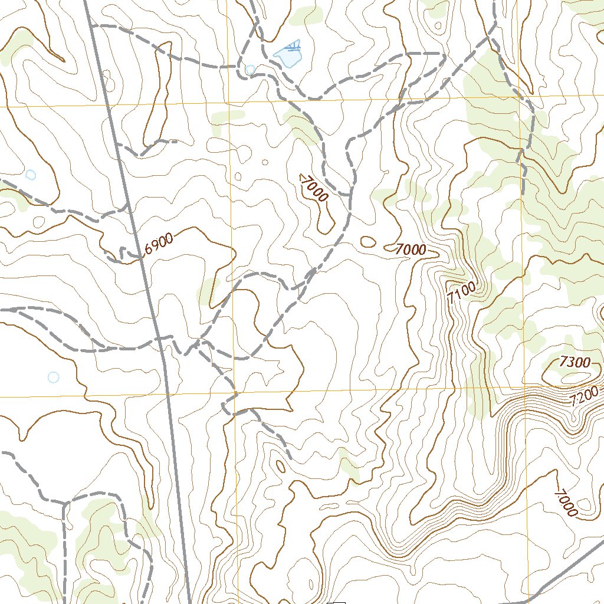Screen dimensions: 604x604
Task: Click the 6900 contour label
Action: (x=159, y=244)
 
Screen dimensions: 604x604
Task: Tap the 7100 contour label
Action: (x=461, y=293)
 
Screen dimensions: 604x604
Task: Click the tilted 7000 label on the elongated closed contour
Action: (x=313, y=189)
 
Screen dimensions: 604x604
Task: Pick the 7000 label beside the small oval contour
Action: (x=411, y=250)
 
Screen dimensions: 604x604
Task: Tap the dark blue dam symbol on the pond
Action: (x=291, y=46)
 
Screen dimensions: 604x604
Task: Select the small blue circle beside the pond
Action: (x=250, y=70)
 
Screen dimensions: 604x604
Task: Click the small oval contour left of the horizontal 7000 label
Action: (x=367, y=241)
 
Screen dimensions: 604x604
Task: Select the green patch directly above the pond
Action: (x=306, y=16)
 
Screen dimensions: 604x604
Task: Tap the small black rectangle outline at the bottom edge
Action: (x=337, y=602)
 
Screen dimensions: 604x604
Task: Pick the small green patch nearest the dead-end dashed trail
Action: (x=349, y=469)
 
